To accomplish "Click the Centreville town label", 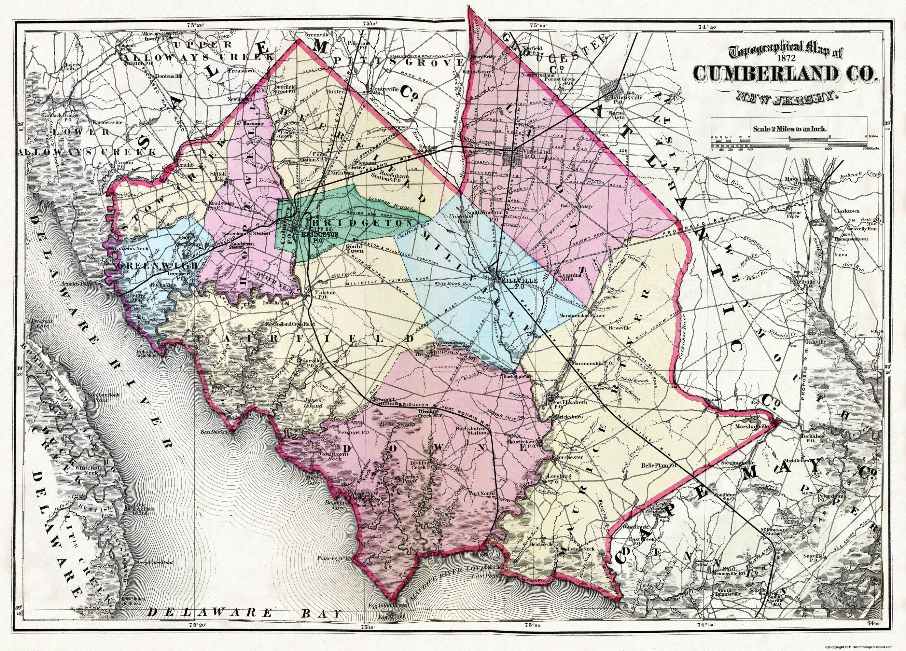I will tap(385, 89).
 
